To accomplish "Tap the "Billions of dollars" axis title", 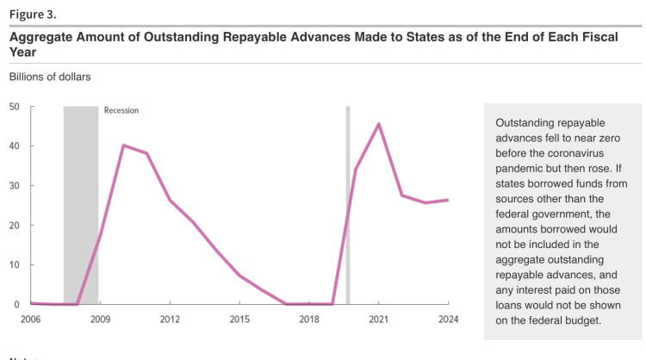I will click(x=50, y=77).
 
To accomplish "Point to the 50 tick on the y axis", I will click(x=15, y=107).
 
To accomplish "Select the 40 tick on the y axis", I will click(x=15, y=146).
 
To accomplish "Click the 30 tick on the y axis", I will click(x=15, y=186).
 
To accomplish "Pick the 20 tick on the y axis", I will click(x=15, y=226).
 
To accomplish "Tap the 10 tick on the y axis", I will click(x=15, y=264).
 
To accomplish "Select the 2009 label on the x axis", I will click(x=100, y=320).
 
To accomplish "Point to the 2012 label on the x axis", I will click(x=170, y=320).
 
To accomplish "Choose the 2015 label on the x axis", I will click(x=239, y=320).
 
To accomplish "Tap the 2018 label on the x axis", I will click(x=309, y=320).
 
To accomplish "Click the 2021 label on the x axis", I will click(x=379, y=320).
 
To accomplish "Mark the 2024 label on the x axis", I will click(x=448, y=320).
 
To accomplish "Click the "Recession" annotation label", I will click(x=121, y=110).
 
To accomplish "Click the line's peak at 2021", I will click(x=379, y=124).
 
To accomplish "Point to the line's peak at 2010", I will click(x=124, y=146).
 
